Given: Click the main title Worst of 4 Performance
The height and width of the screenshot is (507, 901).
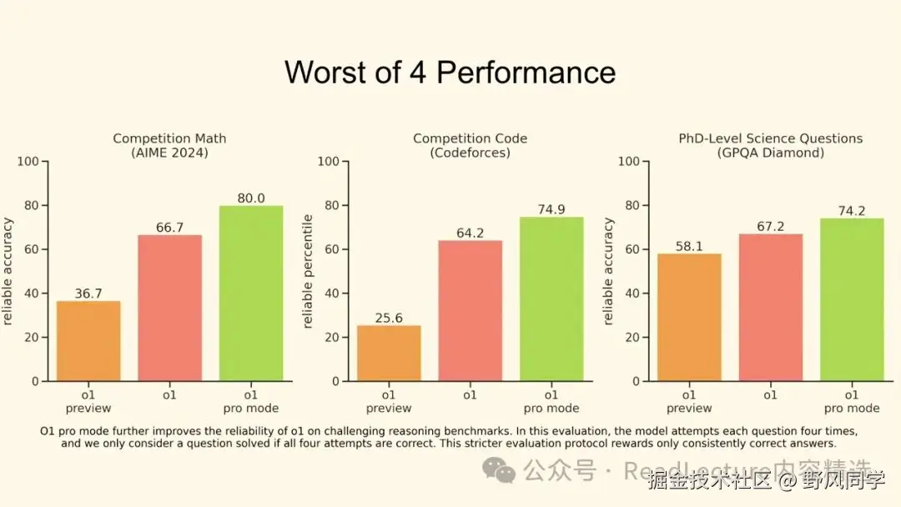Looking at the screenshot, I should point(450,72).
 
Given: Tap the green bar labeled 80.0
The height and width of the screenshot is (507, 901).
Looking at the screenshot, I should point(251,293).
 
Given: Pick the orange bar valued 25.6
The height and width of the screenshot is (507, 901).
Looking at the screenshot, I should point(389,353).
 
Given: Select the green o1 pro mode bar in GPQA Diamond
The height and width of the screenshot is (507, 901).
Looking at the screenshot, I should point(852,299).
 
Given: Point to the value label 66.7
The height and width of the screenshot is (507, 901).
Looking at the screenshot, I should point(170,227).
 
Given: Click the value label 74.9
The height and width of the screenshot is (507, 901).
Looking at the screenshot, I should point(551,209).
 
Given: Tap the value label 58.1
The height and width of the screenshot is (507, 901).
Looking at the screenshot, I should point(689,246).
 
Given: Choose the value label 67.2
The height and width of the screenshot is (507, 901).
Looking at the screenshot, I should point(770,226).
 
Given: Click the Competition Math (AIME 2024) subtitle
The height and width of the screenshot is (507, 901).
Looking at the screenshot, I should point(169,145).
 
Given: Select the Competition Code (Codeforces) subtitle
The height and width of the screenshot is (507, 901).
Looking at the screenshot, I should point(470,145).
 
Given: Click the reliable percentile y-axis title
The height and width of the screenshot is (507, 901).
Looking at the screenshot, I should point(308,271).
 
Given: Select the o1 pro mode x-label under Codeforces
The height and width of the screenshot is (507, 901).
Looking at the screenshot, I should point(551,401).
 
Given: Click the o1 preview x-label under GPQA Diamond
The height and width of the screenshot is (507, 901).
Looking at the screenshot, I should point(689,401).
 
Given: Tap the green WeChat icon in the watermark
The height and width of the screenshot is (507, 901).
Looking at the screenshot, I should point(505,473).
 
